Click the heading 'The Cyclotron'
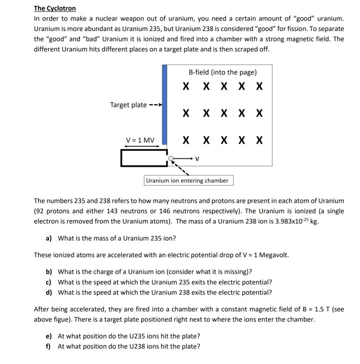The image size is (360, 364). pyautogui.click(x=54, y=8)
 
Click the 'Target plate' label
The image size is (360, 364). pyautogui.click(x=128, y=105)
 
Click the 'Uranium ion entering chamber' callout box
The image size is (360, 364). pyautogui.click(x=188, y=180)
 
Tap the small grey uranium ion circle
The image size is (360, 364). pyautogui.click(x=171, y=159)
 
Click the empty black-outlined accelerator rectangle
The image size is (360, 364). pyautogui.click(x=143, y=158)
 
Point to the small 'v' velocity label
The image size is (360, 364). pyautogui.click(x=197, y=160)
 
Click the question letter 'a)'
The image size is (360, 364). pyautogui.click(x=49, y=238)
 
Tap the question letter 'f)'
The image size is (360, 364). pyautogui.click(x=48, y=346)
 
